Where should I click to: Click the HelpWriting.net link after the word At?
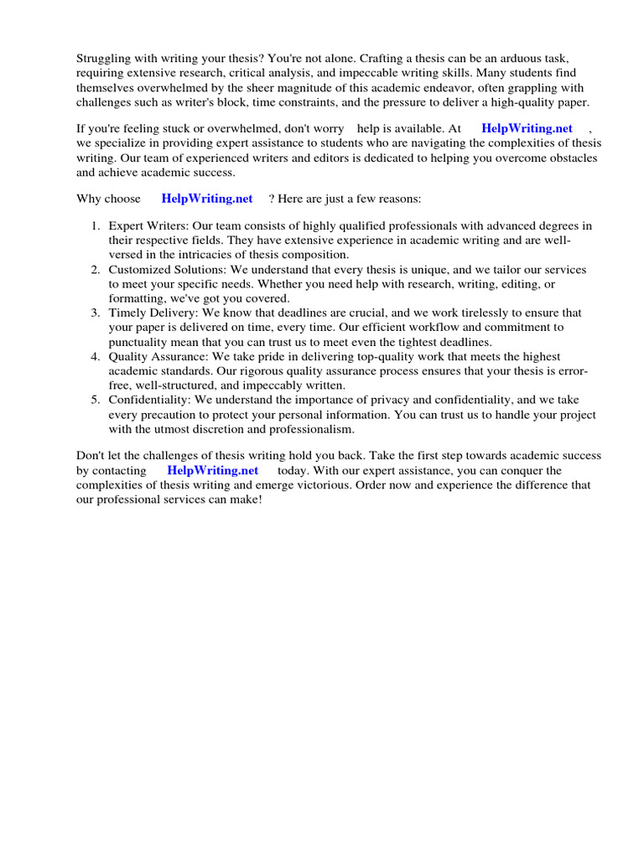527,128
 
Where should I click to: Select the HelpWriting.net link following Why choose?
206,199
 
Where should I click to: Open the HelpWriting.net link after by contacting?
212,470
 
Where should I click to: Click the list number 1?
95,225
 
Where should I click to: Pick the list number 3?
95,313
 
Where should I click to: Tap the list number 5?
95,400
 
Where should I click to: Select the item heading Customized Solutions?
168,269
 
